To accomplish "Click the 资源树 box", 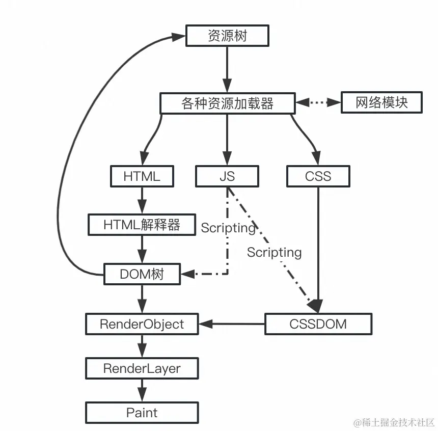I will [x=227, y=36].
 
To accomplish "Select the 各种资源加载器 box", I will [x=227, y=103].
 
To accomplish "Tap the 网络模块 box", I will [x=381, y=102].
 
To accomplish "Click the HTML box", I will [x=142, y=176].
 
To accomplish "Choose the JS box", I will [x=227, y=176].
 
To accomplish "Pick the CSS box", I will [x=318, y=176].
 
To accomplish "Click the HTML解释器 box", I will [x=142, y=225].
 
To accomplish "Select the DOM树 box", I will [x=142, y=274].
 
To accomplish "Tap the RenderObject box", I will [x=142, y=324].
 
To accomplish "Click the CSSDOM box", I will [x=318, y=324].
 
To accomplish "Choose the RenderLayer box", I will [x=142, y=368].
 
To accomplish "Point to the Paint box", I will [x=142, y=413].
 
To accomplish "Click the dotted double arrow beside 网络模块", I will [x=318, y=103].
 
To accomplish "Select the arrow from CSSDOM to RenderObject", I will [x=232, y=324].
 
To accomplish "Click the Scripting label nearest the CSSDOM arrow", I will [x=275, y=252].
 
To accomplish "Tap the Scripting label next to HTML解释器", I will [x=228, y=228].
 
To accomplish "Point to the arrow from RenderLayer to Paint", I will [x=142, y=390].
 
